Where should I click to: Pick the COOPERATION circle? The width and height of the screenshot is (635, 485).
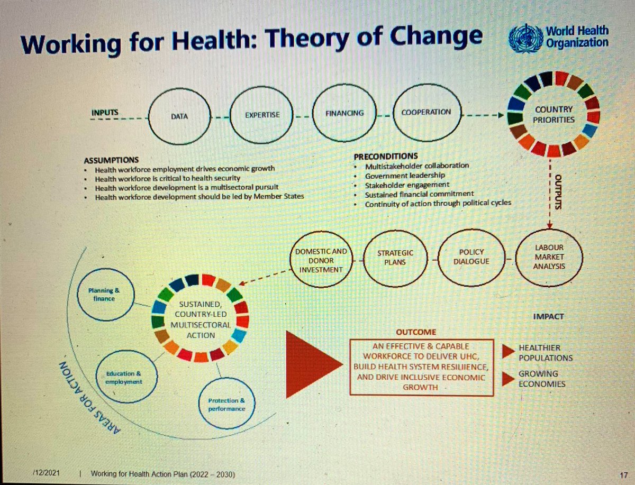(x=425, y=112)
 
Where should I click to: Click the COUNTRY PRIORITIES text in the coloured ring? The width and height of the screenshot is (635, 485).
(x=554, y=115)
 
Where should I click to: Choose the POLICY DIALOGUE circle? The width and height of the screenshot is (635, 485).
(x=471, y=258)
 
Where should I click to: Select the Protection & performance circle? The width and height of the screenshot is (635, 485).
(x=223, y=403)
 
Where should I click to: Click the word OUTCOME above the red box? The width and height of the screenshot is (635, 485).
(x=415, y=333)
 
